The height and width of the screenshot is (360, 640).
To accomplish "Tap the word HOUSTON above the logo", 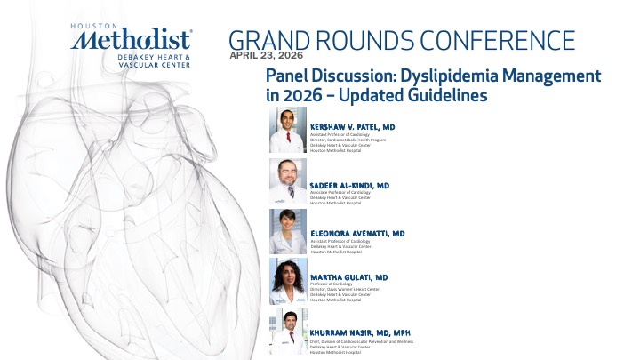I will [x=92, y=26].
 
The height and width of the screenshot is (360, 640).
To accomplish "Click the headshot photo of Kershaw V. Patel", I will [x=287, y=130].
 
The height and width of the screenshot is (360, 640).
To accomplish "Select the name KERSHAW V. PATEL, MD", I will [x=352, y=127].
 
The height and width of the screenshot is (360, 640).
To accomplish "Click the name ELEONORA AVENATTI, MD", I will [x=356, y=233].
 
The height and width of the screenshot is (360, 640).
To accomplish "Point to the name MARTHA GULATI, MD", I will [x=349, y=278].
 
